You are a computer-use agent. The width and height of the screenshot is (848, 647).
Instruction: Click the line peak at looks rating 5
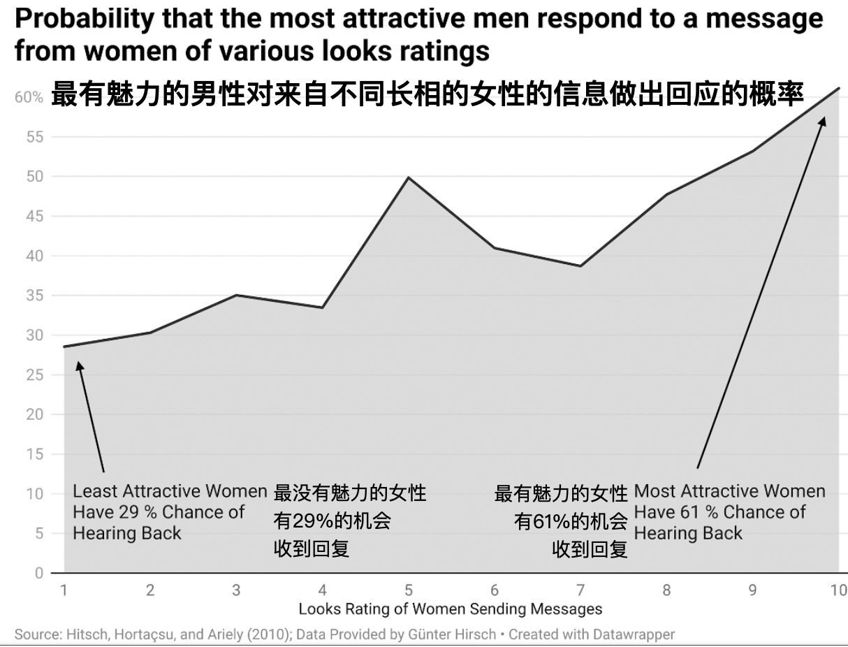point(409,177)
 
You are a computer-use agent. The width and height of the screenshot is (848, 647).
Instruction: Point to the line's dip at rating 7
point(580,266)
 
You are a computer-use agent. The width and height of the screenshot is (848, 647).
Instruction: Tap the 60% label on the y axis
point(29,98)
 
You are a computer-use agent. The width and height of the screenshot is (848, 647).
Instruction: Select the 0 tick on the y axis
point(39,573)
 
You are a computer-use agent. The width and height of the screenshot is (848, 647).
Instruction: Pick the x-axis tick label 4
point(322,590)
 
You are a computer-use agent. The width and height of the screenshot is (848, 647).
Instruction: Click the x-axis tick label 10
point(838,590)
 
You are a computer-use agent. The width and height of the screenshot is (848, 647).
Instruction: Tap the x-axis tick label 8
point(666,590)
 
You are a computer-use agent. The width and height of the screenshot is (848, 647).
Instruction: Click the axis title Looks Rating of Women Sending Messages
point(450,609)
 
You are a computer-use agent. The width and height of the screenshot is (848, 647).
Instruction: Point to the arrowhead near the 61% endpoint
point(823,122)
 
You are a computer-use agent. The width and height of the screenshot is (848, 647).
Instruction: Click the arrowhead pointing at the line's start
point(80,365)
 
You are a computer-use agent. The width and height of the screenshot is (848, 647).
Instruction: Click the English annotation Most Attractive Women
point(729,492)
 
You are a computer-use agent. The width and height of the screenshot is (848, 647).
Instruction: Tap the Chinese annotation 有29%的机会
point(332,521)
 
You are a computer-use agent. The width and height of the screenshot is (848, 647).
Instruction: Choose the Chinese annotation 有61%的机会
point(570,521)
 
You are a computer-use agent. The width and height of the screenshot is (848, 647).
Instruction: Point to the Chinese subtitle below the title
point(427,94)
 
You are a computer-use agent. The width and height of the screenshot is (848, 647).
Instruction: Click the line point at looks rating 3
point(236,295)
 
